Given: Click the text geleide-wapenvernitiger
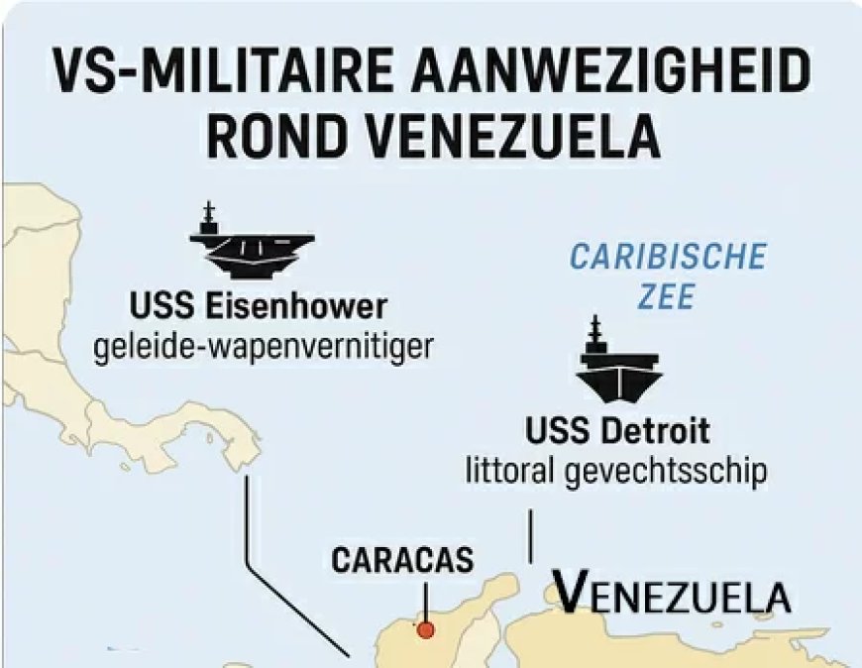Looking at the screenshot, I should point(264,347).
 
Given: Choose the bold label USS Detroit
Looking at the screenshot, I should point(616,432).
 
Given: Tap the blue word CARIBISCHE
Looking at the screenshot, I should point(667,258).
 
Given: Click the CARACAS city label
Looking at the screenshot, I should point(402,560).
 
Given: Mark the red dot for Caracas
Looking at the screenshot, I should point(426,628).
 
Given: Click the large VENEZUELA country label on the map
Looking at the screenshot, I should point(671,596).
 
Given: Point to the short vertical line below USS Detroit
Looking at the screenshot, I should point(531,536).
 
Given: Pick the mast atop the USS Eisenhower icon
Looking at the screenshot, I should point(209,215).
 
